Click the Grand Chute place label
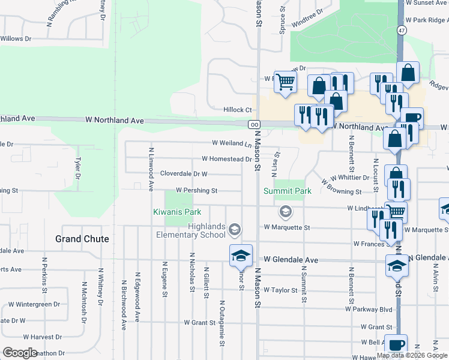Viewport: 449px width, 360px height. pos(82,239)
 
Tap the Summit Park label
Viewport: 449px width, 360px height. pos(288,191)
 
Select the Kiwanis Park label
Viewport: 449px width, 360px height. pos(176,212)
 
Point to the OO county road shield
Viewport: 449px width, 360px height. pos(253,124)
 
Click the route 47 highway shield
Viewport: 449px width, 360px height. pos(400,29)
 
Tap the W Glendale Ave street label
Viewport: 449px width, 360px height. pos(291,260)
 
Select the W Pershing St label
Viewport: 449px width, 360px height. pos(196,191)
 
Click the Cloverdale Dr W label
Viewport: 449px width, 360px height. pos(184,174)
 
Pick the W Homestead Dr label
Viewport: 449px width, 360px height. pos(226,159)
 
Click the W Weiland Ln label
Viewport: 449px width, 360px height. pos(232,143)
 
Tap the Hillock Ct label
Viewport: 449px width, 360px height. pos(237,110)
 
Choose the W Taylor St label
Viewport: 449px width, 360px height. pos(280,290)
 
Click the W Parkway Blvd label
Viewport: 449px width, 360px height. pos(369,310)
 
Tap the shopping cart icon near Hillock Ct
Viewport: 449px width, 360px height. pos(285,81)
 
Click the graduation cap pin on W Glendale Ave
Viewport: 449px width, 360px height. pos(241,255)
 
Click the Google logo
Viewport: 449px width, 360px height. pos(21,353)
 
